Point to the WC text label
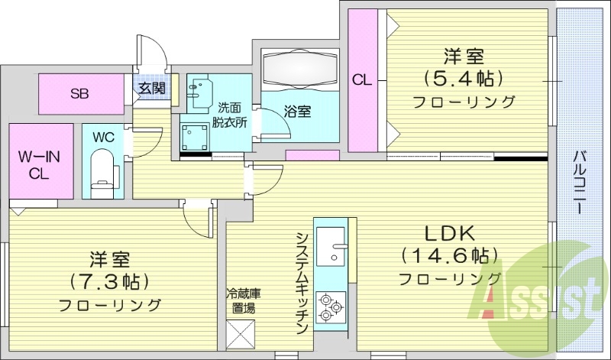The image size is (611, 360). click(x=103, y=138)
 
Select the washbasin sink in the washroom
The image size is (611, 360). click(x=200, y=89)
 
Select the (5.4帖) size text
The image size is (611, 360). click(x=464, y=78)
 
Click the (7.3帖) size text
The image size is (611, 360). click(x=111, y=281)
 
